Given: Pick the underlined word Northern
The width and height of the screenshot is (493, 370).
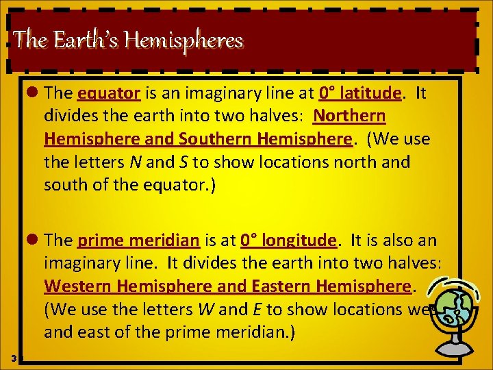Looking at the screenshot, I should (x=349, y=115).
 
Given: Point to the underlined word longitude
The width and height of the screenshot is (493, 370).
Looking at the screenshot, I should (x=297, y=240).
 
